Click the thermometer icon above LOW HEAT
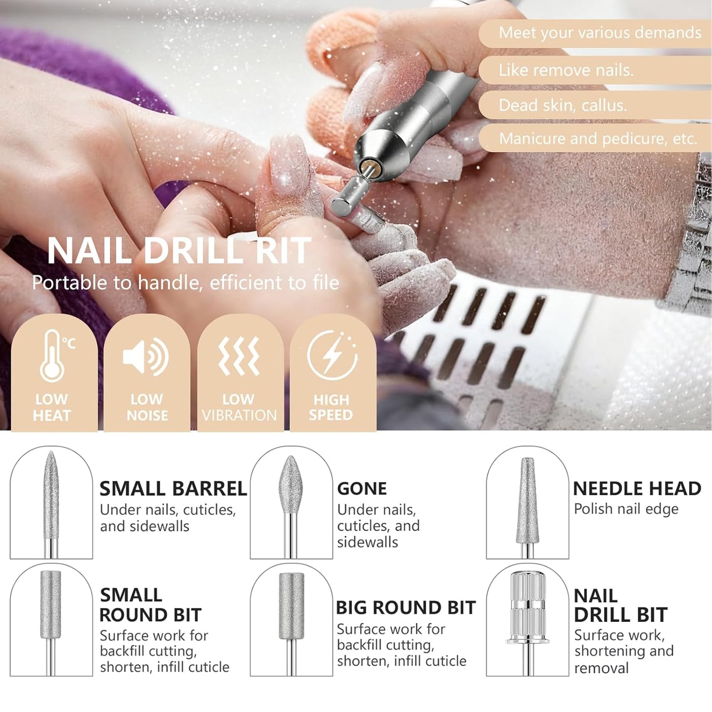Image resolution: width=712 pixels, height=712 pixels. tap(53, 356)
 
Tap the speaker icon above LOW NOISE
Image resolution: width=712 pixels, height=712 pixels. tap(146, 356)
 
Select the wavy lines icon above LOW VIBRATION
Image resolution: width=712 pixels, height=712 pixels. tap(239, 356)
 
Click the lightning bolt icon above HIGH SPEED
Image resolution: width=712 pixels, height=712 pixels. tap(332, 355)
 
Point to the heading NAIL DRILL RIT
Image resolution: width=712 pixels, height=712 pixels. tap(179, 251)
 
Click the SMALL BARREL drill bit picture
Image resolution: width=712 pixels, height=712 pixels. tap(51, 498)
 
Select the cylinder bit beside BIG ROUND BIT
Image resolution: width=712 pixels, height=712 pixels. tap(291, 606)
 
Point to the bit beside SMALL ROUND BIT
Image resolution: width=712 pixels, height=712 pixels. tap(51, 606)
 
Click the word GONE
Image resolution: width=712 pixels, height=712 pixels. tap(362, 488)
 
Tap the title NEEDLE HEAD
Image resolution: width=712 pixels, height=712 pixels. tap(637, 488)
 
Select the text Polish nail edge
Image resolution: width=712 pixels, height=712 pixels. tap(626, 509)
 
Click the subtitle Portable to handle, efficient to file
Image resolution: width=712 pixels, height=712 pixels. tap(185, 283)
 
